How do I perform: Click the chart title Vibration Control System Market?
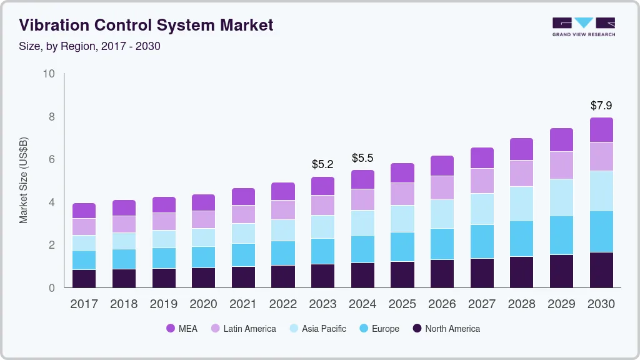(146, 26)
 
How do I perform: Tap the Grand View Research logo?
(583, 27)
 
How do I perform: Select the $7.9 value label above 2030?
(601, 106)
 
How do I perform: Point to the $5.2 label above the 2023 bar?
(323, 164)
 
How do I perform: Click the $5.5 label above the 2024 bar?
(362, 158)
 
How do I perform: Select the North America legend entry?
(446, 329)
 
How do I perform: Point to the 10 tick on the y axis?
(49, 74)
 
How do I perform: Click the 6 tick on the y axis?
(52, 160)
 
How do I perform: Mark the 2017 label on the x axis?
(84, 304)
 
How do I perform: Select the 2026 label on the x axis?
(442, 304)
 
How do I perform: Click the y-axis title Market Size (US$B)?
(24, 181)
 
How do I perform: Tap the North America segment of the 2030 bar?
(601, 270)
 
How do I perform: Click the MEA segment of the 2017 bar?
(84, 211)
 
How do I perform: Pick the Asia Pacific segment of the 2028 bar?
(521, 203)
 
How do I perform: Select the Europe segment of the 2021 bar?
(243, 255)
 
